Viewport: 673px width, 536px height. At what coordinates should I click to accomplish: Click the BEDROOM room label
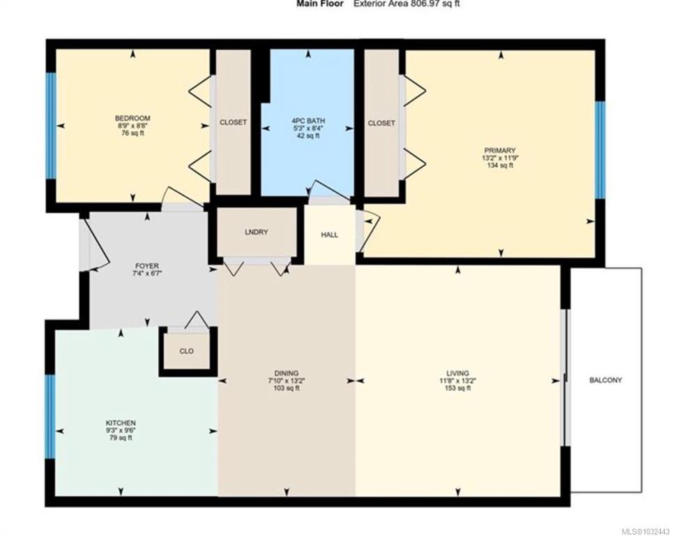tap(133, 118)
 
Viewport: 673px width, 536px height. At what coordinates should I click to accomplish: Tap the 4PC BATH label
tap(308, 121)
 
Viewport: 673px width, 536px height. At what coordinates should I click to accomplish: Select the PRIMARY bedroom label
tap(499, 150)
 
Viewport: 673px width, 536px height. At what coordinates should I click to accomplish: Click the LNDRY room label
tap(256, 232)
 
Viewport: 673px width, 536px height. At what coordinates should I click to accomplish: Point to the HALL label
tap(330, 235)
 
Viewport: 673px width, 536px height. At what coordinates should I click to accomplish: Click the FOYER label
tap(146, 266)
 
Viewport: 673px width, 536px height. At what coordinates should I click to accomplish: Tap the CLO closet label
tap(186, 351)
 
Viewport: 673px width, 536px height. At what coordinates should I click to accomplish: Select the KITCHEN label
tap(121, 423)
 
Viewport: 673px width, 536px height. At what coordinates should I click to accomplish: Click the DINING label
tap(286, 373)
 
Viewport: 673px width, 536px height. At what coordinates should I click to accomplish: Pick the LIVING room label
tap(458, 373)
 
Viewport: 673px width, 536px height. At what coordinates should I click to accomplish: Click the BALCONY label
tap(605, 380)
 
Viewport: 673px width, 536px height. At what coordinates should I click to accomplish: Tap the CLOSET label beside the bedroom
tap(233, 122)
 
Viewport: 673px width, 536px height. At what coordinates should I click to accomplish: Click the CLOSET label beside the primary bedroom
tap(381, 124)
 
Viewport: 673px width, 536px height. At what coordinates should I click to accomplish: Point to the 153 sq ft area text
tap(458, 388)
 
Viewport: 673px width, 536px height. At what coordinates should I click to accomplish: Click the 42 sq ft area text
tap(308, 135)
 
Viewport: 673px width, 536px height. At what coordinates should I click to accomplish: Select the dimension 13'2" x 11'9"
tap(500, 158)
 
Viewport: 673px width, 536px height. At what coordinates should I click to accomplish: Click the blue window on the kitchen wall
tap(51, 416)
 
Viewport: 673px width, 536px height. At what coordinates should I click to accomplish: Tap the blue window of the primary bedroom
tap(600, 150)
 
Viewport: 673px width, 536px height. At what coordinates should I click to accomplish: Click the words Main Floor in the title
tap(319, 4)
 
